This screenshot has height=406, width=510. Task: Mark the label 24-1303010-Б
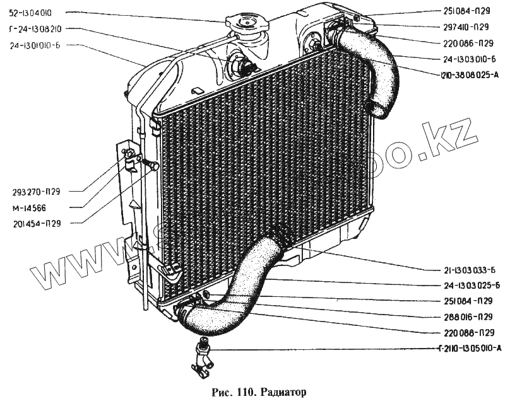click(468, 60)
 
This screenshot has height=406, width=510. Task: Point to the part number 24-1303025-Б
click(468, 284)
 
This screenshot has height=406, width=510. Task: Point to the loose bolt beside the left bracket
click(151, 165)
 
